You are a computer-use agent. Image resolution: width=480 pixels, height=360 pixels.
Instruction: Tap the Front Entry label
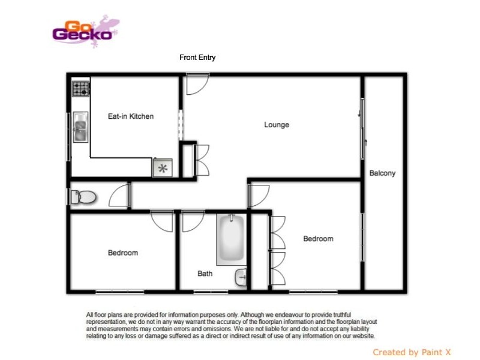[197, 58]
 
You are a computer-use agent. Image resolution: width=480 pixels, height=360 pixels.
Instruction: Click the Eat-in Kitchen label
[130, 116]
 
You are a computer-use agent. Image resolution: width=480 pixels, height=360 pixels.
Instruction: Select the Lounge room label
[277, 125]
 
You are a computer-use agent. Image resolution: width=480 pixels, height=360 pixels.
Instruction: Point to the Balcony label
[382, 173]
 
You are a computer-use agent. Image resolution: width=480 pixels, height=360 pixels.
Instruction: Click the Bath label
[205, 274]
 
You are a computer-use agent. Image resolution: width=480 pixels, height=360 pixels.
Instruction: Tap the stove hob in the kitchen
[80, 89]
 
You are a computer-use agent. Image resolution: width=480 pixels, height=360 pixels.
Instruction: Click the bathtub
[230, 239]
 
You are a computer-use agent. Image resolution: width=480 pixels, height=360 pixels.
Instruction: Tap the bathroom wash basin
[241, 277]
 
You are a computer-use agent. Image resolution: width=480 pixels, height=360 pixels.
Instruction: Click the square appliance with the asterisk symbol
[163, 168]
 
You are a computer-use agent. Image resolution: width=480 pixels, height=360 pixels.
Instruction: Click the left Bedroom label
[123, 253]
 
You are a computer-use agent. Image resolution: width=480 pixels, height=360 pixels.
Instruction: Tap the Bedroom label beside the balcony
[318, 239]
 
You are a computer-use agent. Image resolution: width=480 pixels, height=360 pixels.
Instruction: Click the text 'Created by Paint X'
[413, 352]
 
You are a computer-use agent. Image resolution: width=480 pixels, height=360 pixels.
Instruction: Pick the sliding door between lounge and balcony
[362, 129]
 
